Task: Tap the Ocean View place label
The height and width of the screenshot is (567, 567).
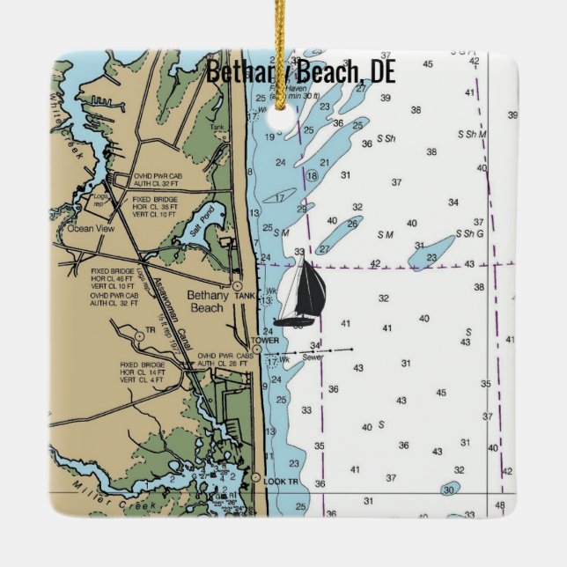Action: point(92,228)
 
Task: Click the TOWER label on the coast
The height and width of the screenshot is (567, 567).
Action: point(265,340)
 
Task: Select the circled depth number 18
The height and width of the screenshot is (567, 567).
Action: point(312,176)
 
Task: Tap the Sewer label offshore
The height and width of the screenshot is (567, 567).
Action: point(313,357)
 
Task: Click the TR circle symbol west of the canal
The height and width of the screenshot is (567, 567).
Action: point(139,335)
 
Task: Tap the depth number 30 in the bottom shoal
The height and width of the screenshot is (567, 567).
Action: point(449,490)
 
